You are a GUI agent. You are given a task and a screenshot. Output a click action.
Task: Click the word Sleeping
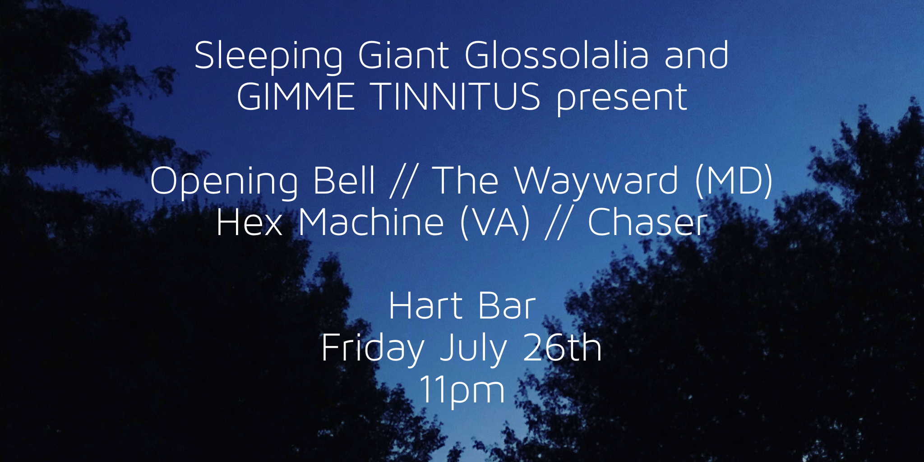click(268, 57)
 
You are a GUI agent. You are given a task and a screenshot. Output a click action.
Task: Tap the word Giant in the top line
click(403, 55)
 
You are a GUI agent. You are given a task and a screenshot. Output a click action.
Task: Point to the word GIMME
click(296, 97)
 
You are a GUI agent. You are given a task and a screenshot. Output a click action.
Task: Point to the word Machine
click(371, 222)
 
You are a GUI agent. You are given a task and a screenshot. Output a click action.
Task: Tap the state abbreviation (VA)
click(495, 223)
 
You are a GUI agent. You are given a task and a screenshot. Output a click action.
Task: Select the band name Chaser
click(647, 222)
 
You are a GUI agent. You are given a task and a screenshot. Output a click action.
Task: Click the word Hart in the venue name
click(425, 305)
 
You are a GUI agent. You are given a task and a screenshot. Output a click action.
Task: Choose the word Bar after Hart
click(507, 305)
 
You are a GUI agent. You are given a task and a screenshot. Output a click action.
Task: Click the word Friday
click(373, 349)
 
